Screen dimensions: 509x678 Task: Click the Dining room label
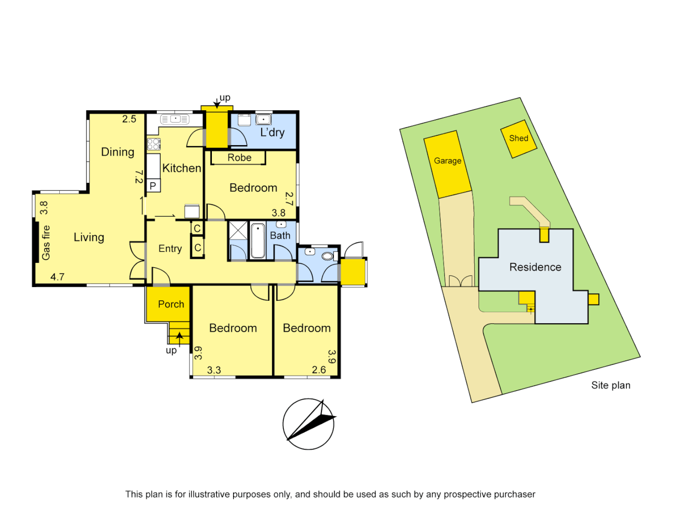(x=118, y=152)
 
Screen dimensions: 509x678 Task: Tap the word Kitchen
(x=182, y=168)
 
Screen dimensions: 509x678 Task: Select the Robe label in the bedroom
(x=239, y=158)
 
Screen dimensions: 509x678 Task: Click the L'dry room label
(x=273, y=132)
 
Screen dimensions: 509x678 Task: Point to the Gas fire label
(x=46, y=243)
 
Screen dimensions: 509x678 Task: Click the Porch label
(x=171, y=304)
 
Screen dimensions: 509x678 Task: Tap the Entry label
(x=170, y=248)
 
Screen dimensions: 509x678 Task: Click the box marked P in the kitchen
(x=153, y=186)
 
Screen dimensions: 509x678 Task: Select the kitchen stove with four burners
(x=153, y=144)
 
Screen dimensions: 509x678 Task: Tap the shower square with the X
(x=238, y=230)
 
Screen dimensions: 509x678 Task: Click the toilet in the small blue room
(x=328, y=256)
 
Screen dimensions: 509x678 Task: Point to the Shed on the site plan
(x=518, y=139)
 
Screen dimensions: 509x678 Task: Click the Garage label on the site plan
(x=447, y=161)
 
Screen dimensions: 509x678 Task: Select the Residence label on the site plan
(x=535, y=267)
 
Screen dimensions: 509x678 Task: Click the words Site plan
(x=611, y=385)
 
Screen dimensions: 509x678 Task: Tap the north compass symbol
(x=308, y=424)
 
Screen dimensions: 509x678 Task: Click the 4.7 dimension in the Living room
(x=57, y=277)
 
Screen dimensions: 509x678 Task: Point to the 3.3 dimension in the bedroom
(x=214, y=370)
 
